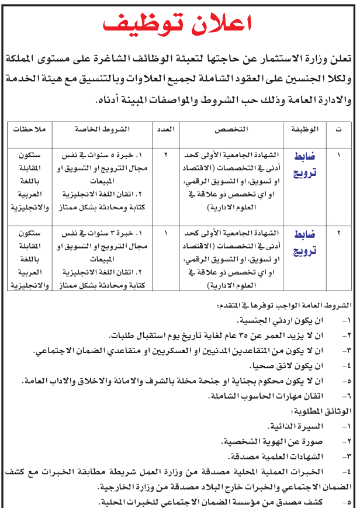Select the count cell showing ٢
[x=165, y=155]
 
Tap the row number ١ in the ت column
[x=338, y=155]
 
